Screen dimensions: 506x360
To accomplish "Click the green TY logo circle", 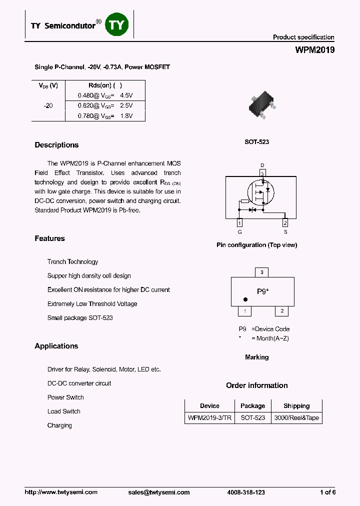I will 117,25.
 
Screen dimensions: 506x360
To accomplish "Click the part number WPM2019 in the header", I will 315,50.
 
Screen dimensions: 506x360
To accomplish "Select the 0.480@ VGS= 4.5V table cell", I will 105,95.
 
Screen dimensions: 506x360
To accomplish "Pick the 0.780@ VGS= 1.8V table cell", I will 105,116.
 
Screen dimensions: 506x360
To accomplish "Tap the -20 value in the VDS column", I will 48,105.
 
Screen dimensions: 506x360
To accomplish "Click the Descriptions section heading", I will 56,145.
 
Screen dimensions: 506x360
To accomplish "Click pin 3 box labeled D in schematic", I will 262,173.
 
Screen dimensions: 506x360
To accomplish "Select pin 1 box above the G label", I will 239,223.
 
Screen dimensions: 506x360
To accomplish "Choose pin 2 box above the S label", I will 285,223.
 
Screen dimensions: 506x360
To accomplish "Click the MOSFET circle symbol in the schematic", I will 260,192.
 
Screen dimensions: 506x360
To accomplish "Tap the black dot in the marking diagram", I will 245,299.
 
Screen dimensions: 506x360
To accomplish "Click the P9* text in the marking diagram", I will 263,291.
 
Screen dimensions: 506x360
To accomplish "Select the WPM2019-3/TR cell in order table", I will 209,418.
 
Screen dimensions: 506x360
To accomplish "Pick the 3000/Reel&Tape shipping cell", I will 296,418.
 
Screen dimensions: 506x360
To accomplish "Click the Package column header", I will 252,406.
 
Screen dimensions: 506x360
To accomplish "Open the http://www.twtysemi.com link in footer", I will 61,492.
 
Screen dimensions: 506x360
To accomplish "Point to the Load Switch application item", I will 63,411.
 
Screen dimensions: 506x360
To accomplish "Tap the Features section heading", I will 49,238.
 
